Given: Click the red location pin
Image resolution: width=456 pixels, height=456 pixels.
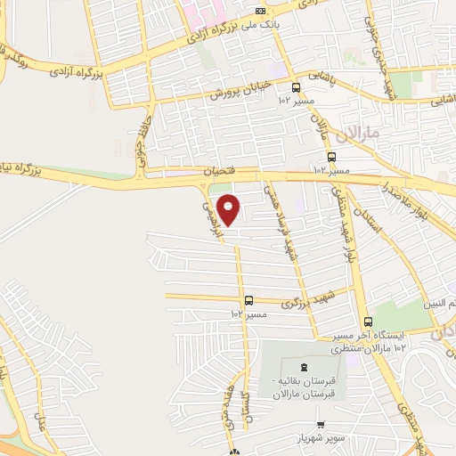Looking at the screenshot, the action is click(229, 210).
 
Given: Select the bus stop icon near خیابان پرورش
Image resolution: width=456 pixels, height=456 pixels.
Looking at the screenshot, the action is click(296, 87).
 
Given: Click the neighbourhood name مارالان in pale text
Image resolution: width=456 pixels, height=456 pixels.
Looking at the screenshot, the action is click(360, 133).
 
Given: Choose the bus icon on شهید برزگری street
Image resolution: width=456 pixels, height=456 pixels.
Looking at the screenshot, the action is click(248, 300).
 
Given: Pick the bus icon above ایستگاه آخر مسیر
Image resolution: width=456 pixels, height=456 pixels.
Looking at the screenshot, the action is click(368, 322).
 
